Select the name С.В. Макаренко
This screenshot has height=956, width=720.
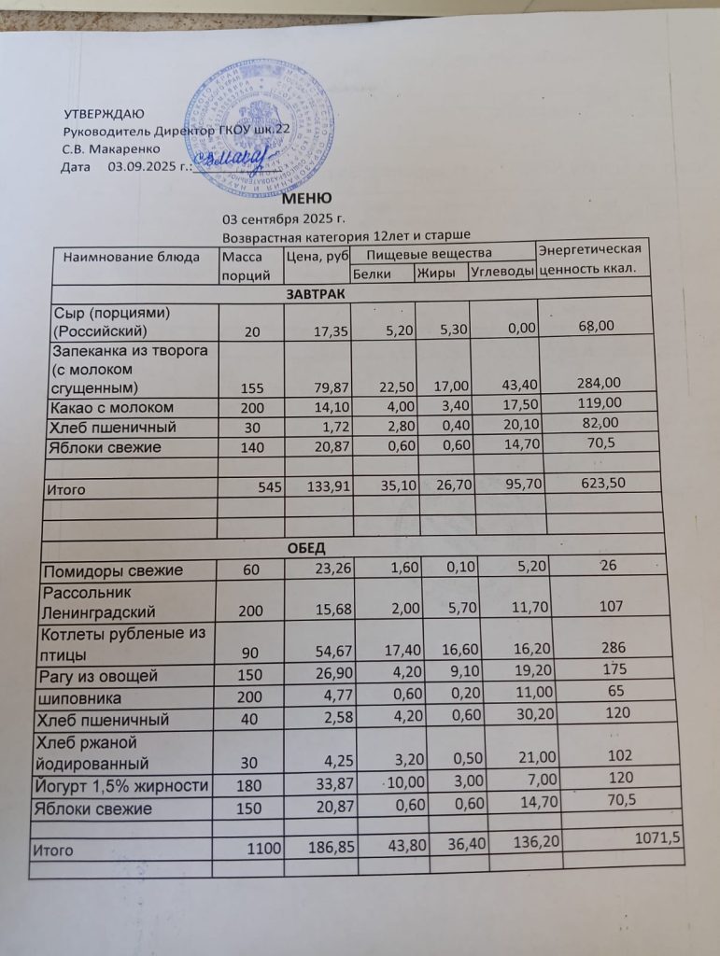pyautogui.click(x=111, y=148)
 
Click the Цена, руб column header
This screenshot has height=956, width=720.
pyautogui.click(x=318, y=257)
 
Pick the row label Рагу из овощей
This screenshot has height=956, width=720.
pyautogui.click(x=96, y=676)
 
